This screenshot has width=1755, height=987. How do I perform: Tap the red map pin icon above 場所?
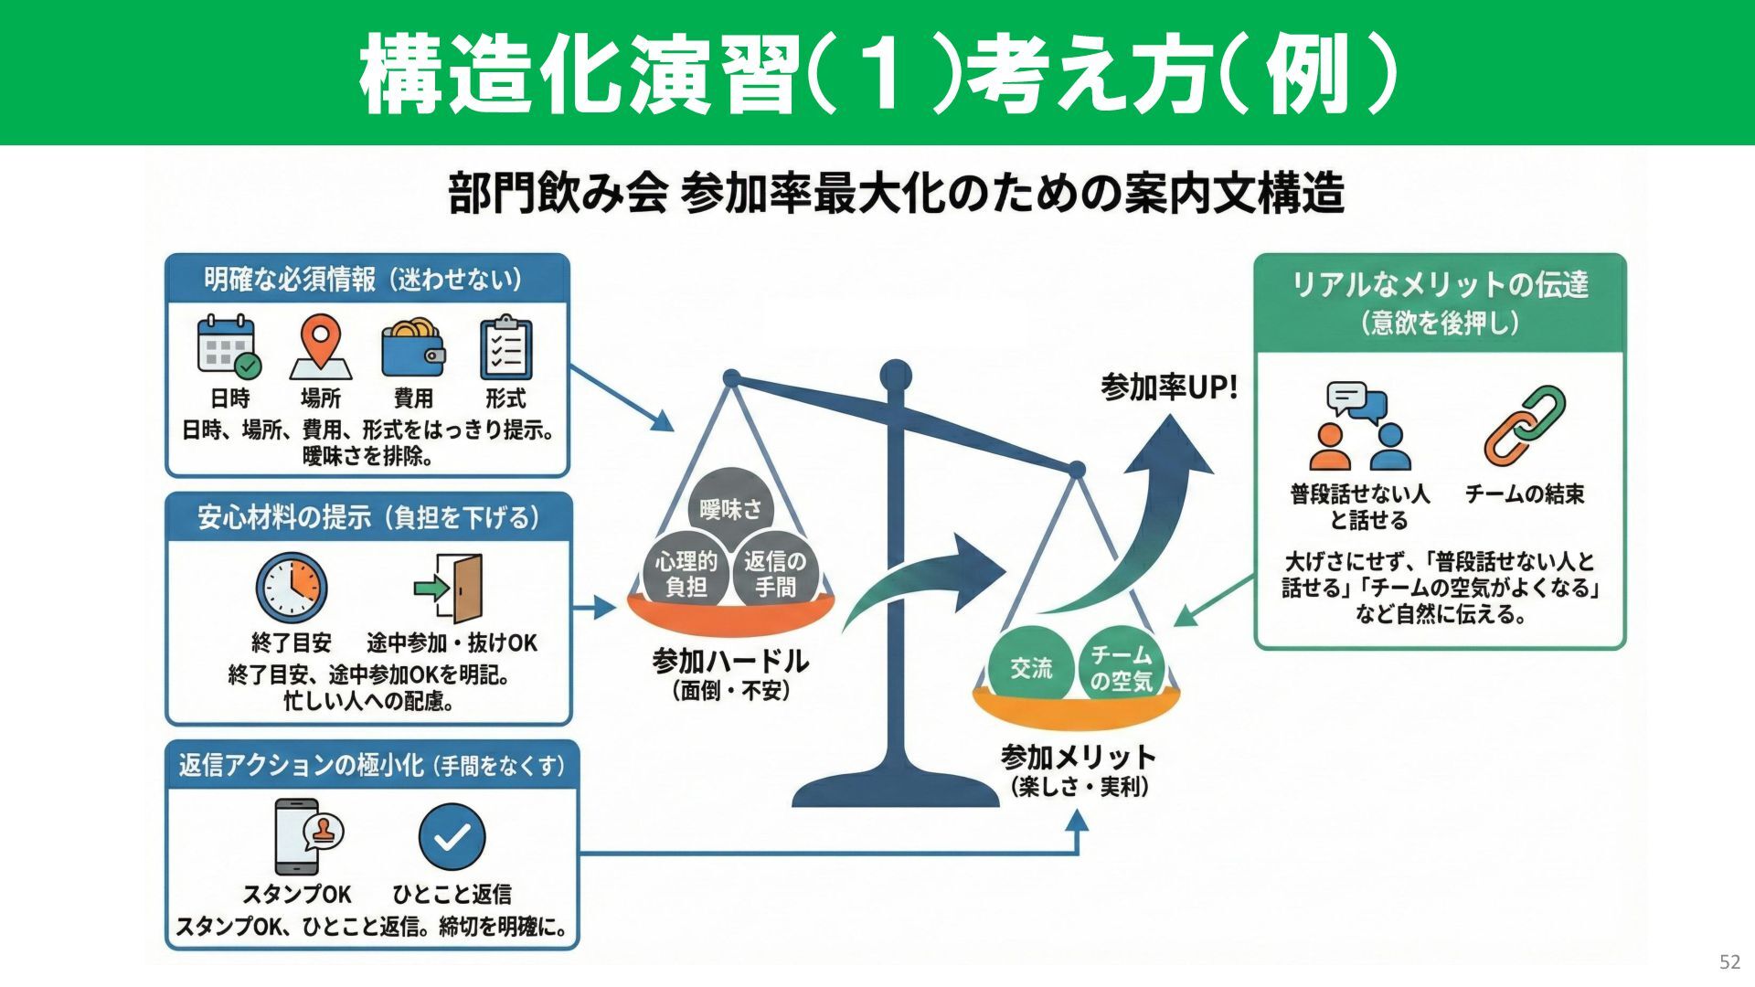click(321, 346)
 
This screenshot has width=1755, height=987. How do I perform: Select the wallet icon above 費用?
click(412, 348)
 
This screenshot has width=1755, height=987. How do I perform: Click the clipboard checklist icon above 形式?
click(505, 348)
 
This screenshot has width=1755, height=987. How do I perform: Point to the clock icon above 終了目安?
click(291, 588)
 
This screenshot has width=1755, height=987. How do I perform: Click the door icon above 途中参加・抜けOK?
click(450, 588)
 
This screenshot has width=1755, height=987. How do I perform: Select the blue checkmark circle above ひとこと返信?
click(452, 836)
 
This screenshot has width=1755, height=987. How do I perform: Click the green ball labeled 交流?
click(1031, 668)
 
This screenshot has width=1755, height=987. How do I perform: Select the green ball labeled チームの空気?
click(1121, 668)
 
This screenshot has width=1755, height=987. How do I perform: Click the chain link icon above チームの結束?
click(1524, 425)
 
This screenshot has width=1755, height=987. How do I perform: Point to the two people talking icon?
click(1359, 426)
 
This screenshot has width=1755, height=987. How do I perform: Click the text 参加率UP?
click(1169, 387)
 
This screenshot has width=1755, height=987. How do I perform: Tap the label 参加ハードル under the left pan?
click(729, 661)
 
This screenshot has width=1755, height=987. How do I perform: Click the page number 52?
click(1729, 961)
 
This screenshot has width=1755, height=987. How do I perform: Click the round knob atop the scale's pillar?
click(896, 375)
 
